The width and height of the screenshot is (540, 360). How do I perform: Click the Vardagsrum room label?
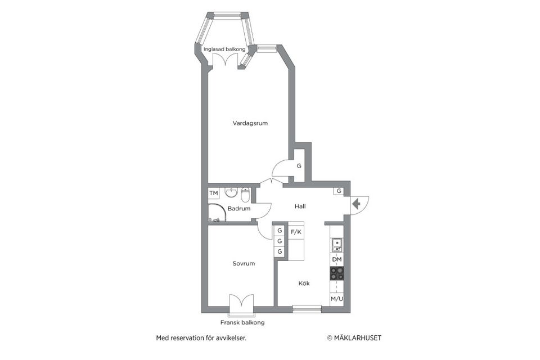[250, 123]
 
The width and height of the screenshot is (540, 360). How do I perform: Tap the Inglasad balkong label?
[224, 49]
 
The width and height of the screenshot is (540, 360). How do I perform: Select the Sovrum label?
[244, 263]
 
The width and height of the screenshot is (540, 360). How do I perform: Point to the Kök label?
[304, 283]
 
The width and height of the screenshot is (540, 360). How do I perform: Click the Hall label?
[300, 206]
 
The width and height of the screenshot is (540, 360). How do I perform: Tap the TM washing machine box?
[214, 193]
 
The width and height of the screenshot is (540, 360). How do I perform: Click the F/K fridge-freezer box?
[296, 231]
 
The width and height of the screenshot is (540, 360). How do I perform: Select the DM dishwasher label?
[336, 259]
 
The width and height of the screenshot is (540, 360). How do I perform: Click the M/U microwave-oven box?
[336, 299]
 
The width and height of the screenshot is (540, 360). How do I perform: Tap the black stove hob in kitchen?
[336, 273]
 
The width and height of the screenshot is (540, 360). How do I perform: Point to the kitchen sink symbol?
[336, 245]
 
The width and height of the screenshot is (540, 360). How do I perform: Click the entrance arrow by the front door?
[355, 204]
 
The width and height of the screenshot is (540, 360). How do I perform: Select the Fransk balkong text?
[242, 323]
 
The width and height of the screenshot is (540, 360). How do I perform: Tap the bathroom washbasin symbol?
[231, 193]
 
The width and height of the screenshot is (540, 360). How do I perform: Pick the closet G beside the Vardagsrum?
[299, 166]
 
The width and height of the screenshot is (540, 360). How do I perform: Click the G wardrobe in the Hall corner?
[339, 191]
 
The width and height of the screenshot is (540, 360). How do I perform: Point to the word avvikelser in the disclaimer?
[231, 338]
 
